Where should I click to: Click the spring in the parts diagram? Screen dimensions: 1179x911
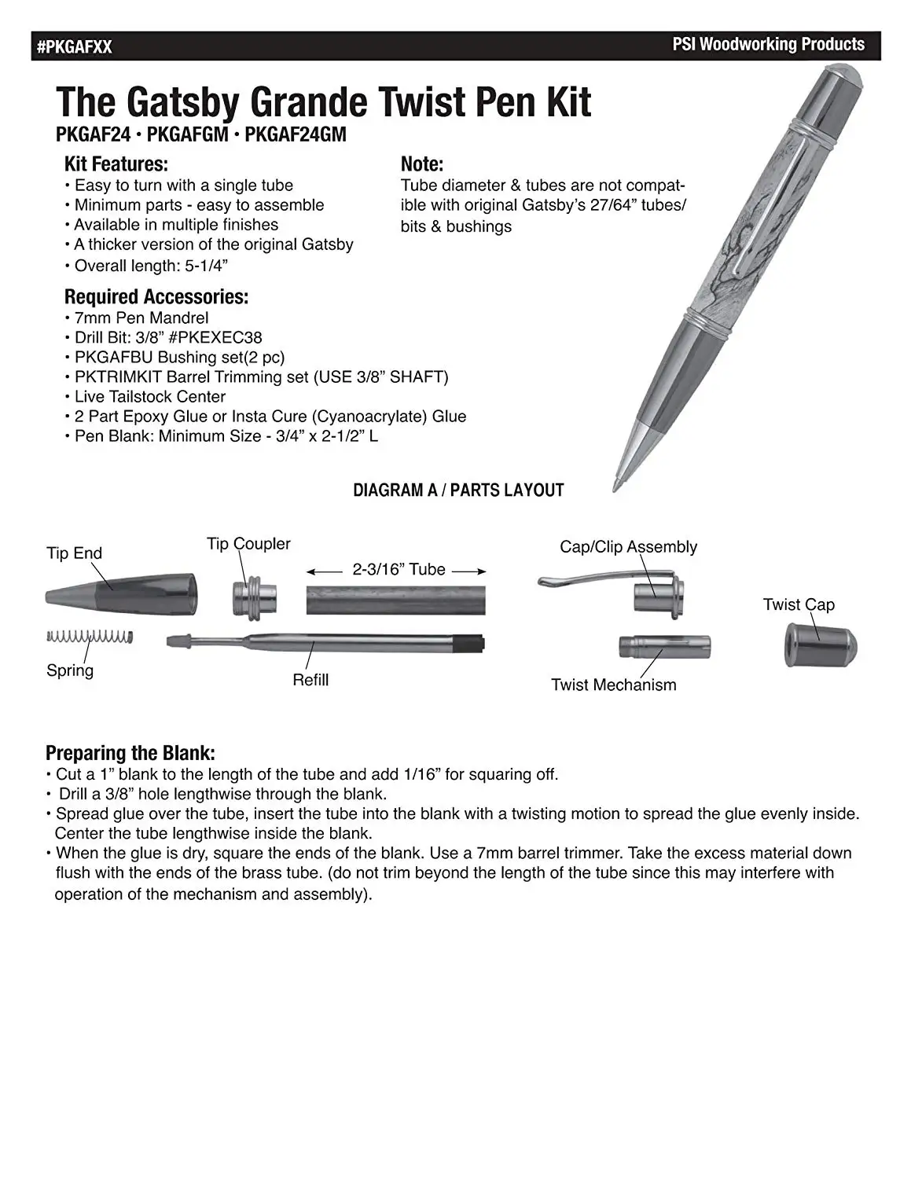[x=89, y=636]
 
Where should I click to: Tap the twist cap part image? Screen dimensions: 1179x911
[x=820, y=645]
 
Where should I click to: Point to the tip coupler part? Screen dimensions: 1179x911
[x=254, y=597]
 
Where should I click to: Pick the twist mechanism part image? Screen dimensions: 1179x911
[x=665, y=647]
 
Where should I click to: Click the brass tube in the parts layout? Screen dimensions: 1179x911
[x=395, y=599]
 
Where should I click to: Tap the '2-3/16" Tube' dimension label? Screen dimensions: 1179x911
[x=399, y=570]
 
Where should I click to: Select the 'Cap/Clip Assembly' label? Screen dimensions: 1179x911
[x=628, y=547]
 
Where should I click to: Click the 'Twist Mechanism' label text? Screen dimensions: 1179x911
[x=613, y=685]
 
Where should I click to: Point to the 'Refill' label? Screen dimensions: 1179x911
[x=310, y=680]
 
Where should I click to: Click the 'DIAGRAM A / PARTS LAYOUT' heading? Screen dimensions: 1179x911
[x=458, y=490]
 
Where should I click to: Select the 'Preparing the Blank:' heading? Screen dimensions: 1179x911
[x=130, y=753]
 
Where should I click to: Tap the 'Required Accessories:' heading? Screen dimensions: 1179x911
[x=156, y=297]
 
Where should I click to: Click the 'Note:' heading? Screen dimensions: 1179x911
[x=422, y=164]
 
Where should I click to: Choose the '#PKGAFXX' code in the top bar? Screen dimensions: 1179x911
[x=75, y=47]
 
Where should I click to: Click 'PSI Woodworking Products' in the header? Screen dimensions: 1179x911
[x=768, y=45]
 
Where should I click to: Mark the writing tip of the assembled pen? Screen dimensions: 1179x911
[x=617, y=486]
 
